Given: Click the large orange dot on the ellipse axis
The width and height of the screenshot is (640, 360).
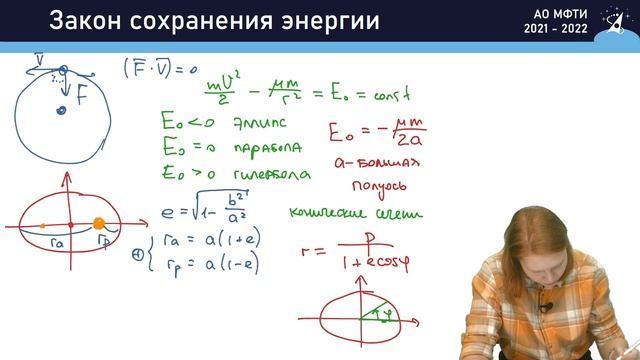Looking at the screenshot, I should click(99, 224).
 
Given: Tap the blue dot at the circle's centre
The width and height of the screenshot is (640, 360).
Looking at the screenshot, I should click(60, 110).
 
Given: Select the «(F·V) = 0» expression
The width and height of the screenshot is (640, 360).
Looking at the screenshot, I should click(159, 68).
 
